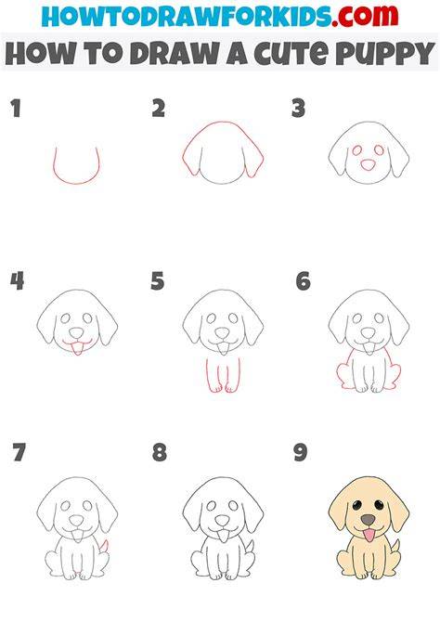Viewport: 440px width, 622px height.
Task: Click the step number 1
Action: [16, 109]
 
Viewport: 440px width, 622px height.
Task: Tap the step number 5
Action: [158, 281]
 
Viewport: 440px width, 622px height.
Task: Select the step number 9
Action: [301, 453]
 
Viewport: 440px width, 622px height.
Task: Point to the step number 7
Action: [19, 453]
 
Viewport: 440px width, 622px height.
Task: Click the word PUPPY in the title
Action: [385, 54]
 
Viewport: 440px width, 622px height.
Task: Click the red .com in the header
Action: [365, 16]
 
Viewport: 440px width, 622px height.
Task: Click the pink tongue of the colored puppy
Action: [369, 536]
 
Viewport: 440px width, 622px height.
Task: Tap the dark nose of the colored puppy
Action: [369, 520]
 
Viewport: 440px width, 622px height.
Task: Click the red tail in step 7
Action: [104, 546]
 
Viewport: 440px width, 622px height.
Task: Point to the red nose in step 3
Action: [369, 165]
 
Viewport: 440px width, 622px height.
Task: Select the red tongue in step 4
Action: [77, 349]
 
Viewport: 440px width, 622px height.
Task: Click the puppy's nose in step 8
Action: [222, 521]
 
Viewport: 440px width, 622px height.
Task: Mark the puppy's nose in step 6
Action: [369, 333]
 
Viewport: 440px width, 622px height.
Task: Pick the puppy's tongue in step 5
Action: [223, 349]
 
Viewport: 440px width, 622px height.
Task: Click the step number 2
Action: [159, 109]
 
